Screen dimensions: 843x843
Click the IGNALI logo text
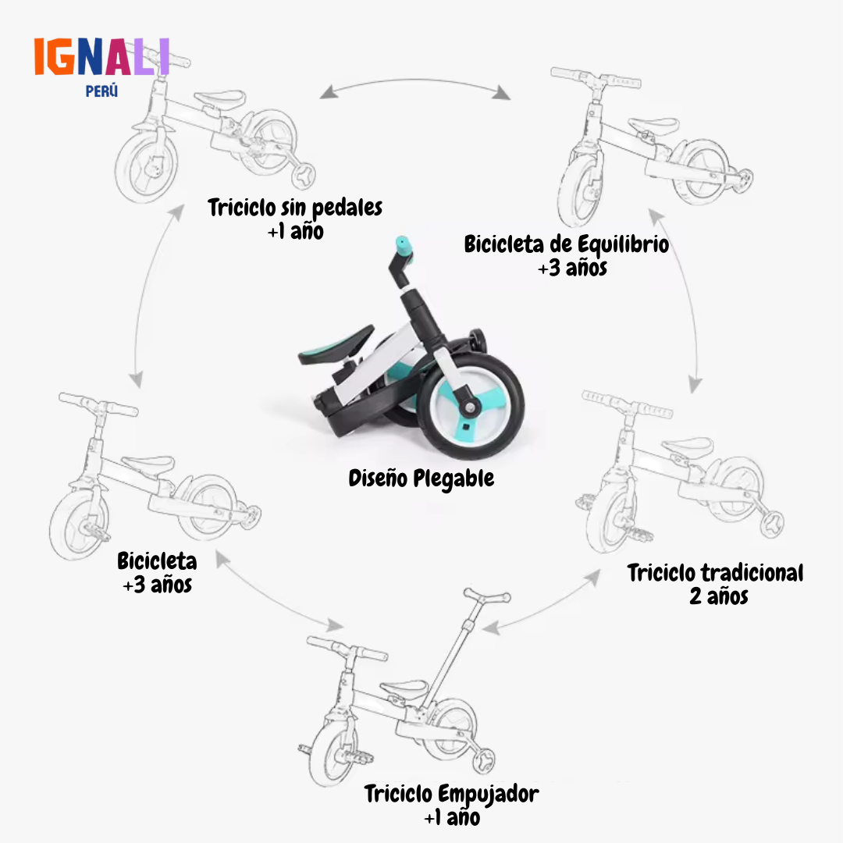click(x=102, y=56)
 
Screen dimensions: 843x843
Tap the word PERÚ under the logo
click(x=101, y=91)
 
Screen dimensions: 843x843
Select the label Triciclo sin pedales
click(x=295, y=208)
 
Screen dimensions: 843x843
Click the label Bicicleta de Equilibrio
click(x=567, y=244)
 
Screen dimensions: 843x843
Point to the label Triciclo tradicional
click(x=715, y=573)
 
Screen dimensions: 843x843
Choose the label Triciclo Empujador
click(x=452, y=794)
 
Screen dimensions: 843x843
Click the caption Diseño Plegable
click(x=421, y=478)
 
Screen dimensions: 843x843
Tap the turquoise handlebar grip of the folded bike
click(x=404, y=246)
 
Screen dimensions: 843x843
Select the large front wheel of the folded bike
click(x=471, y=407)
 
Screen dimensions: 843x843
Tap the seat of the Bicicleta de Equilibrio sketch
click(x=653, y=126)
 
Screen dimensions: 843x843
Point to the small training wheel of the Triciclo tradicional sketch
click(x=771, y=525)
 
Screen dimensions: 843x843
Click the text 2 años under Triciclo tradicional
click(x=719, y=596)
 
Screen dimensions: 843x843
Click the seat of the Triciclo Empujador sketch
click(x=404, y=688)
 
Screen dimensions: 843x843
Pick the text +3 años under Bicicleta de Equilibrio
click(x=573, y=268)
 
